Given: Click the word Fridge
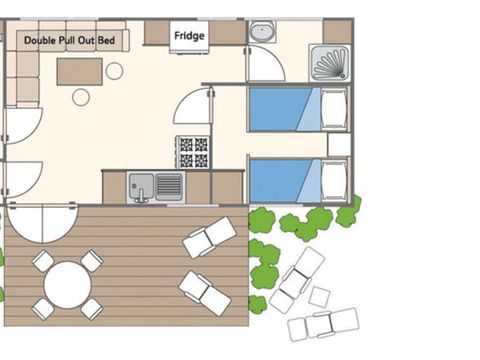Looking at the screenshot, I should coord(190,36).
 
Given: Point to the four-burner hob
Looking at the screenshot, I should coord(193,152).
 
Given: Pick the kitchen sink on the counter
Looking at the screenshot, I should coord(156,186).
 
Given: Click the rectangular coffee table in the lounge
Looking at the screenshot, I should coord(79,71).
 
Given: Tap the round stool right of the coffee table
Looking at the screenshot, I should coord(115,71).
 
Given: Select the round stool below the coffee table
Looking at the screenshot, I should coord(81,97).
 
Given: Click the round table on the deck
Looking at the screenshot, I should coord(67,283).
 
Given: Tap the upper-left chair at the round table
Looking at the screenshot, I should coord(43,262).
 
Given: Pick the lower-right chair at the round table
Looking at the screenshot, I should coord(91,308).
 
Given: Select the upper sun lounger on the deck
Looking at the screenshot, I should coord(210,238).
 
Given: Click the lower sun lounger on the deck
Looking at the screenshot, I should coord(205,293).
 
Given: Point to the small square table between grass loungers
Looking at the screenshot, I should coord(319,296).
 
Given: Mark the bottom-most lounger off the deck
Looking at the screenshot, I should coord(323,324).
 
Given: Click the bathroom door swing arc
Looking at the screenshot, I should coord(266,64).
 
